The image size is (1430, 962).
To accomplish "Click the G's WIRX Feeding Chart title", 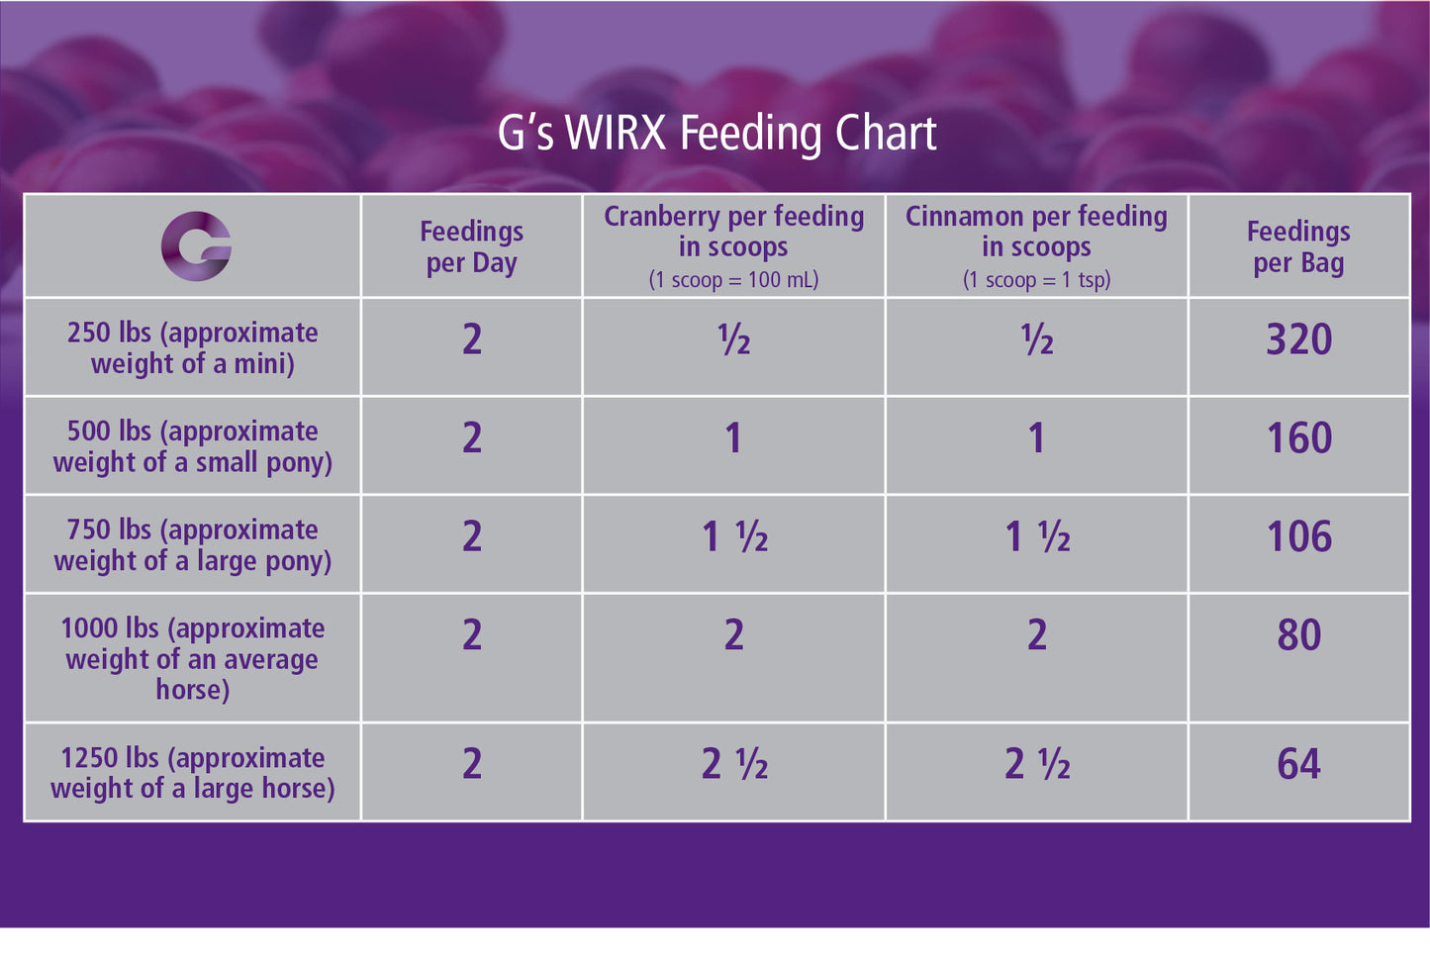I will [716, 134].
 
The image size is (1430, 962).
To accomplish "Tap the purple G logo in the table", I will [196, 246].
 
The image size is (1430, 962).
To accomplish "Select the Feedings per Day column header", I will [471, 246].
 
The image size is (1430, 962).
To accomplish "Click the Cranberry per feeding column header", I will [733, 231].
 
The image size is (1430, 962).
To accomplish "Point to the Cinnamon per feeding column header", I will [1036, 231].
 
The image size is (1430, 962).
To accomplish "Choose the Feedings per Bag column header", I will [1298, 246].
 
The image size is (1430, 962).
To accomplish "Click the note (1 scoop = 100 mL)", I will [733, 280].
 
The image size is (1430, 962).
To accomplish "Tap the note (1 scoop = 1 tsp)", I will [1036, 280].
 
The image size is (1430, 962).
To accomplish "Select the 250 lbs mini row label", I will [193, 347].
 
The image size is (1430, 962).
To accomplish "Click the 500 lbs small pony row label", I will [193, 446].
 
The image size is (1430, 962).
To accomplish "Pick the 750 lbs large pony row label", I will [193, 544].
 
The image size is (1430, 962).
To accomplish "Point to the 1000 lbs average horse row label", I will [193, 658].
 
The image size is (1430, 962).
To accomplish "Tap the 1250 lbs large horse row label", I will [193, 772].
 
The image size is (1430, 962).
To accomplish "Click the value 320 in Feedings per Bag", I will [1298, 339].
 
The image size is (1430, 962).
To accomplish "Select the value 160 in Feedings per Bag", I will [1298, 438].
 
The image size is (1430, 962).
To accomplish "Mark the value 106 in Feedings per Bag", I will [1298, 536].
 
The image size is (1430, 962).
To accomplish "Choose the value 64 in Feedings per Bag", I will [1298, 764].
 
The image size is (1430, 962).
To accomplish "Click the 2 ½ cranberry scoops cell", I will [734, 764].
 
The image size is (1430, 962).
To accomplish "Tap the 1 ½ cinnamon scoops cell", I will [1037, 536].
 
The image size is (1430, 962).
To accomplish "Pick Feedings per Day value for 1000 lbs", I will [472, 634].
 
